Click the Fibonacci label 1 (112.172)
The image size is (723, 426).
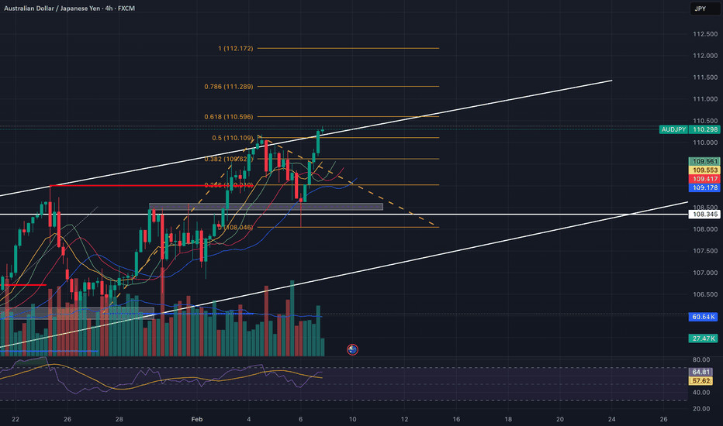[x=237, y=49]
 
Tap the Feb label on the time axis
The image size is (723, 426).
[x=198, y=417]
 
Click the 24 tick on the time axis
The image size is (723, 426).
[x=612, y=417]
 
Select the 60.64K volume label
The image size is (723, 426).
[x=701, y=317]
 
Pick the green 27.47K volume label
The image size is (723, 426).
[x=701, y=338]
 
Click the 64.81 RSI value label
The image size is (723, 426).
[x=701, y=373]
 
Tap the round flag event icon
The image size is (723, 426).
[x=352, y=350]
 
